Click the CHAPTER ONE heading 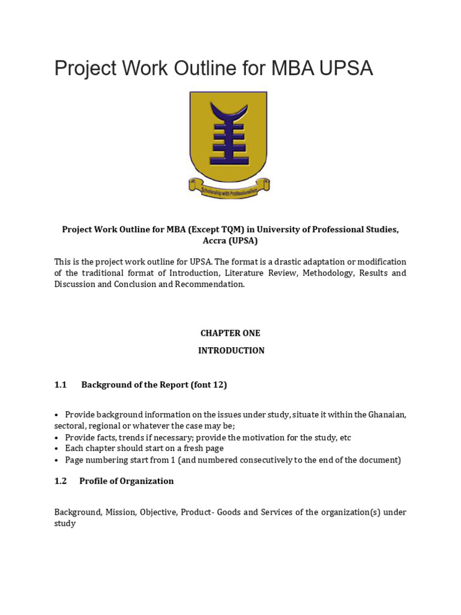pos(230,333)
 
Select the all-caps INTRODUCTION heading pos(231,351)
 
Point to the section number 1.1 pos(60,385)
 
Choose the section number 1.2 pos(60,481)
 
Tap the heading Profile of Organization pos(126,481)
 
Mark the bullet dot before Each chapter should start pos(56,449)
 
